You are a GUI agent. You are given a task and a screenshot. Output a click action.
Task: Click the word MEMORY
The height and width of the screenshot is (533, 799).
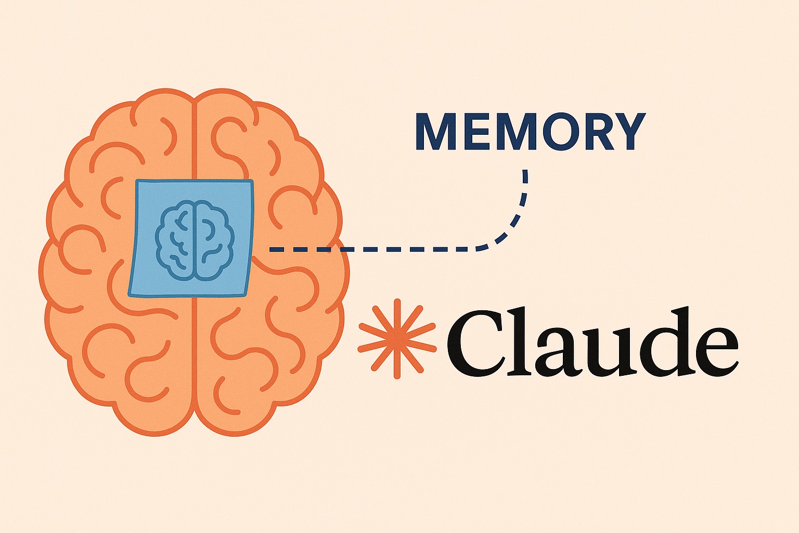coord(530,131)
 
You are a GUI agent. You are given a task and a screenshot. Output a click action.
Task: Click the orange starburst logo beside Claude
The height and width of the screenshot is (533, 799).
coord(397,338)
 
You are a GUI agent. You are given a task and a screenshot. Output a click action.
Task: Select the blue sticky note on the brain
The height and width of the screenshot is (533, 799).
coord(191,238)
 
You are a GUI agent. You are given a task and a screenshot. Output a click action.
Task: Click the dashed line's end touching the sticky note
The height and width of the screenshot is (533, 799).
coord(272,250)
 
